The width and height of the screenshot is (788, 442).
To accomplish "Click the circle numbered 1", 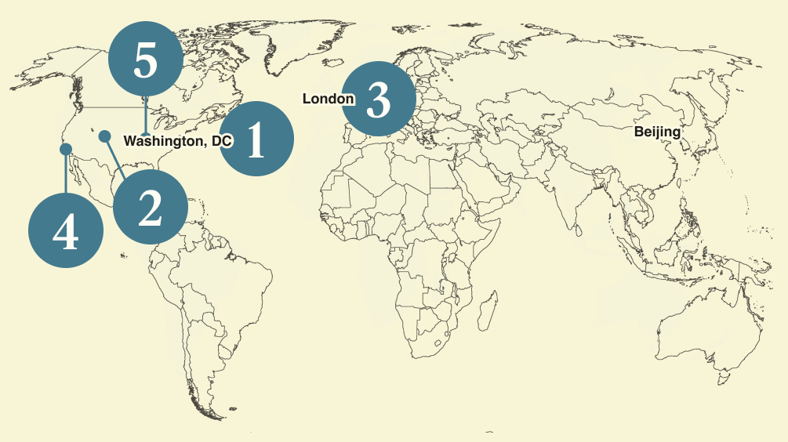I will [256, 139].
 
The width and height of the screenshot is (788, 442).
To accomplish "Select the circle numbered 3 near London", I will [379, 100].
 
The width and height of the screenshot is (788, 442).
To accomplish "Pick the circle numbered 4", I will [65, 232].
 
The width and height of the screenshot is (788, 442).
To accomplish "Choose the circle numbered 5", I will [145, 60].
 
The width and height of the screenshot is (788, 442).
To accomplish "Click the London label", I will [328, 99].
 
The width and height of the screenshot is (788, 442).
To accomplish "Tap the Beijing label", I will [657, 132].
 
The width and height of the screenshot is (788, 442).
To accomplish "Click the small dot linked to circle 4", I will [66, 148].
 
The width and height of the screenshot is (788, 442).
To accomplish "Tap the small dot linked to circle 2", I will [104, 136].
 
